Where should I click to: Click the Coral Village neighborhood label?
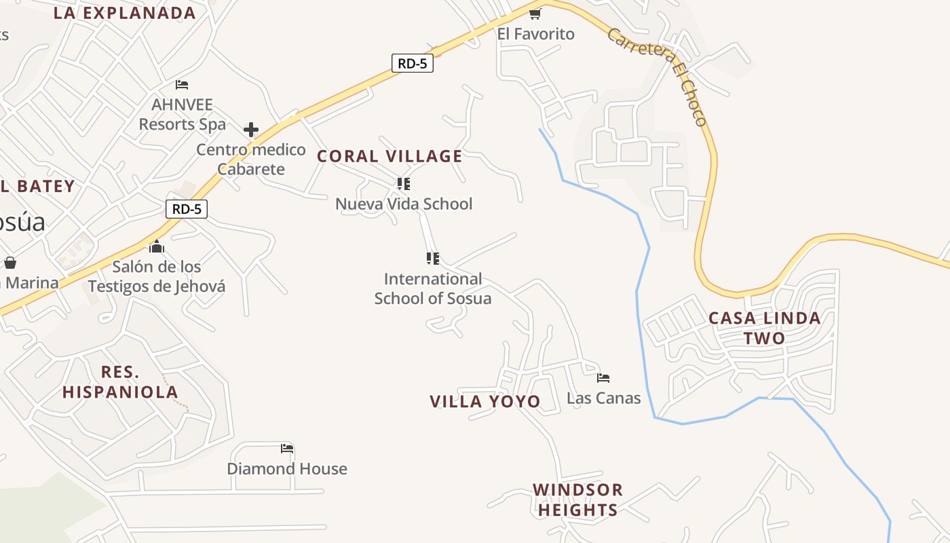pyautogui.click(x=389, y=156)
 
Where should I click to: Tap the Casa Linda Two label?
pyautogui.click(x=764, y=328)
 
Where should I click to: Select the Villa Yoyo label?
pyautogui.click(x=485, y=401)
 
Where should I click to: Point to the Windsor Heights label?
pyautogui.click(x=577, y=500)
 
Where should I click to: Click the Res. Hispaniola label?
pyautogui.click(x=120, y=381)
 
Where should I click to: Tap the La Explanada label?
pyautogui.click(x=124, y=13)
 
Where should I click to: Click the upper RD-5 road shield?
pyautogui.click(x=412, y=63)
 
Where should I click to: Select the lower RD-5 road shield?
pyautogui.click(x=187, y=208)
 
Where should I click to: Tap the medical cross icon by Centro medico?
pyautogui.click(x=251, y=129)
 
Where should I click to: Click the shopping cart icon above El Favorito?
pyautogui.click(x=535, y=14)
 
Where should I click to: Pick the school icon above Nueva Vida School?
pyautogui.click(x=404, y=183)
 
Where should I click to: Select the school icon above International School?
pyautogui.click(x=433, y=258)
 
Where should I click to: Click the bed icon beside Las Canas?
pyautogui.click(x=603, y=377)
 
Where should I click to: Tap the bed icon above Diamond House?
pyautogui.click(x=287, y=448)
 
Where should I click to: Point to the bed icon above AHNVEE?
pyautogui.click(x=182, y=84)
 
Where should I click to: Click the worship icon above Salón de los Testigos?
pyautogui.click(x=157, y=246)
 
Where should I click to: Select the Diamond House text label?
pyautogui.click(x=287, y=468)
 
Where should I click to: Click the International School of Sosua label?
pyautogui.click(x=433, y=288)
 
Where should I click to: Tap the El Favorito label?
pyautogui.click(x=535, y=34)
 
